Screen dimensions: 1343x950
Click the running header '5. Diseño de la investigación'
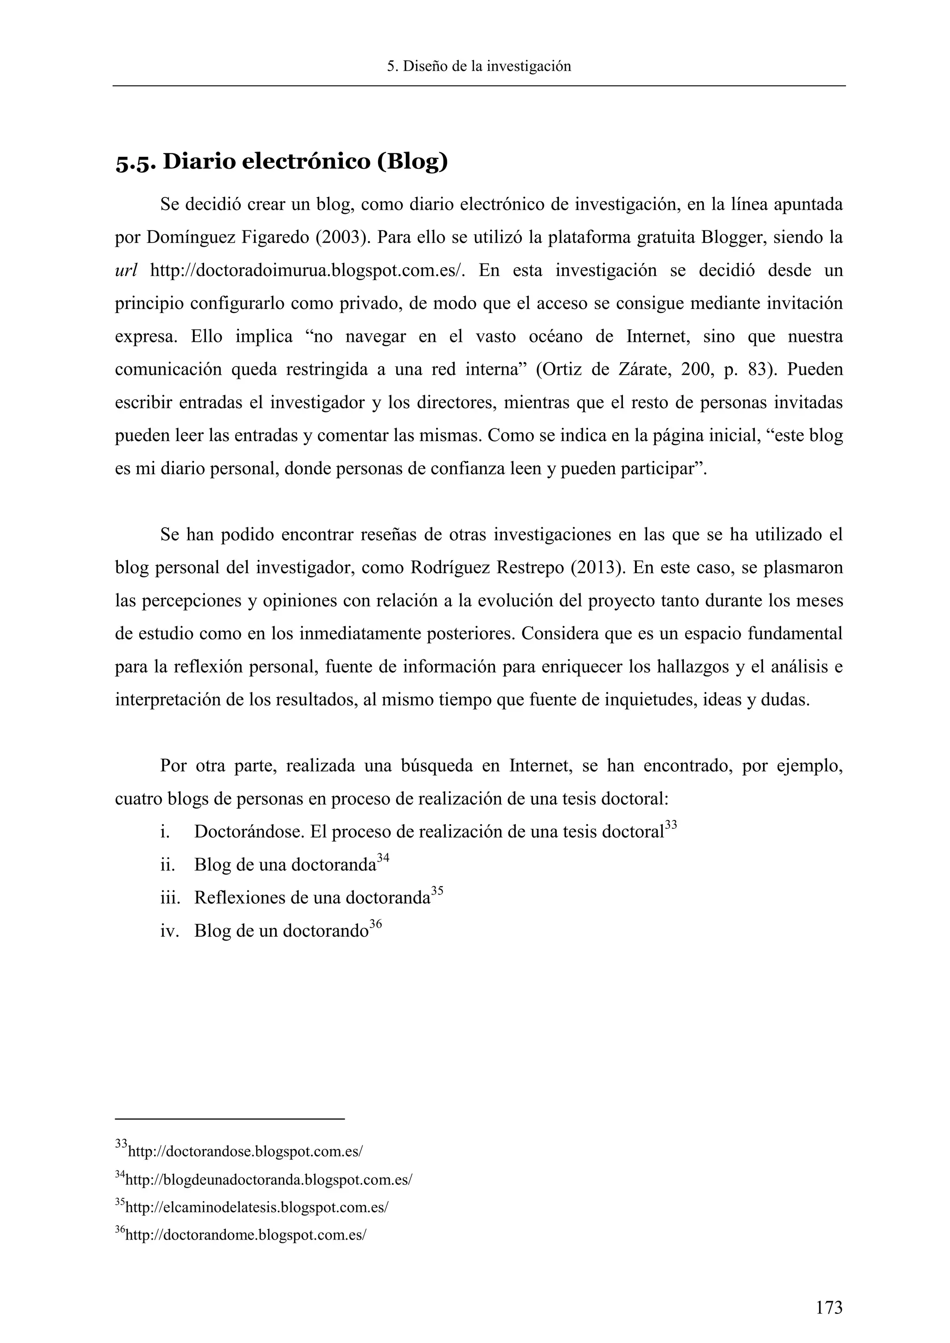click(479, 66)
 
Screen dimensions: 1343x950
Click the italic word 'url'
click(126, 271)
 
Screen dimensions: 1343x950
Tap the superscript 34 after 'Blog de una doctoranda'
click(383, 858)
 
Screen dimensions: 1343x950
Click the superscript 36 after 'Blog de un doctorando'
click(376, 924)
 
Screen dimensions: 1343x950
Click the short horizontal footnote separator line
click(230, 1119)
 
